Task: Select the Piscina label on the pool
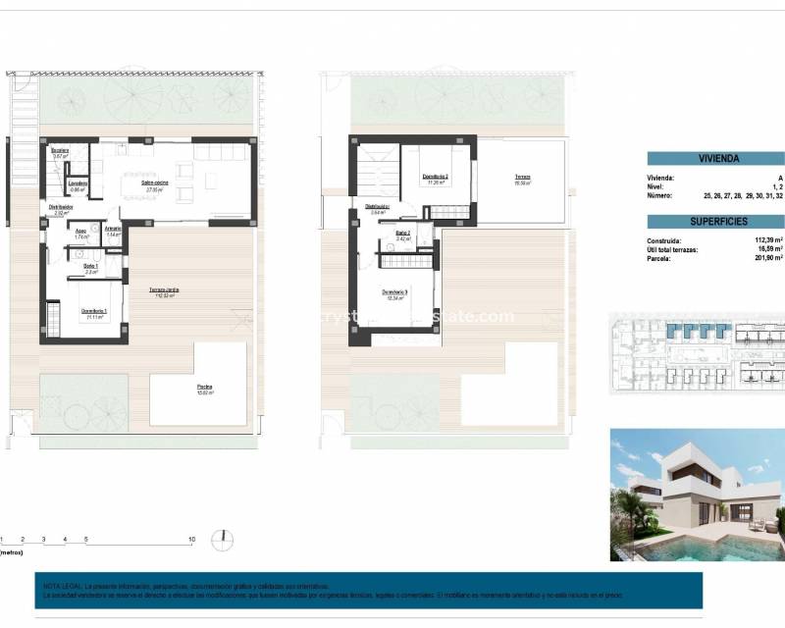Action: pos(203,389)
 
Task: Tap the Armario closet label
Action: pos(113,231)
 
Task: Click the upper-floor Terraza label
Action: pos(522,180)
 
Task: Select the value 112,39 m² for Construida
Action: pos(763,240)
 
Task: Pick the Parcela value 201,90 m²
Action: pos(763,258)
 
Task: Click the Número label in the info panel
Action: pos(662,195)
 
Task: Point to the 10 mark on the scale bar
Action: pos(192,539)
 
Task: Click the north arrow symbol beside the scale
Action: pos(226,537)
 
